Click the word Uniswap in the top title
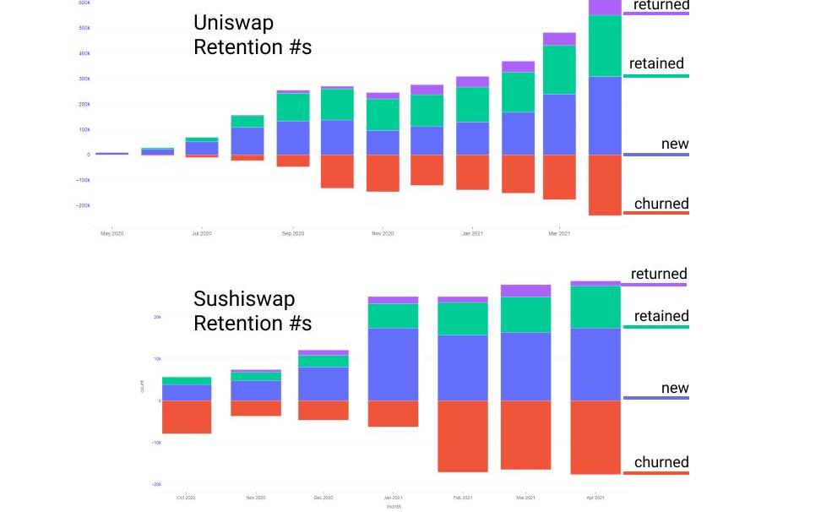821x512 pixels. click(x=233, y=23)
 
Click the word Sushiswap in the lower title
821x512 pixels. click(x=244, y=299)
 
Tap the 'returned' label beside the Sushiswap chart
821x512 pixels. click(x=659, y=274)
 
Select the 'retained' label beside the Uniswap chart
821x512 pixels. click(x=656, y=63)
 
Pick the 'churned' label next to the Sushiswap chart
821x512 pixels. click(x=661, y=462)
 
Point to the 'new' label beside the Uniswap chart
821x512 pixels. click(x=675, y=144)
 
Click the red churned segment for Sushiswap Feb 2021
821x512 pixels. click(x=463, y=436)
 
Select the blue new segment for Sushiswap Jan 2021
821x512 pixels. click(x=393, y=364)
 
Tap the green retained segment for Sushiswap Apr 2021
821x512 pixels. click(x=595, y=307)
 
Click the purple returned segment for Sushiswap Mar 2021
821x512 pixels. click(x=525, y=291)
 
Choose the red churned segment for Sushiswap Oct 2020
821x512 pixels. click(x=187, y=417)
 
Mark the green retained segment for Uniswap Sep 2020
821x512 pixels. click(x=293, y=107)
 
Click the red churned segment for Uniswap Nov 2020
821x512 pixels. click(x=383, y=172)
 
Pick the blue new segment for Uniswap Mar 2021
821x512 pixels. click(x=559, y=124)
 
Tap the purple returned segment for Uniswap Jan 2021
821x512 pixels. click(x=472, y=82)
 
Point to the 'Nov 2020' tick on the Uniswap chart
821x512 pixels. click(x=383, y=233)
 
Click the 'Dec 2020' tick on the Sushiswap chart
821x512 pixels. click(x=324, y=498)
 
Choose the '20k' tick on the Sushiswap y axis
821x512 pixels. click(x=157, y=318)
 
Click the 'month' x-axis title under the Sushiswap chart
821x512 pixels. click(x=394, y=506)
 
